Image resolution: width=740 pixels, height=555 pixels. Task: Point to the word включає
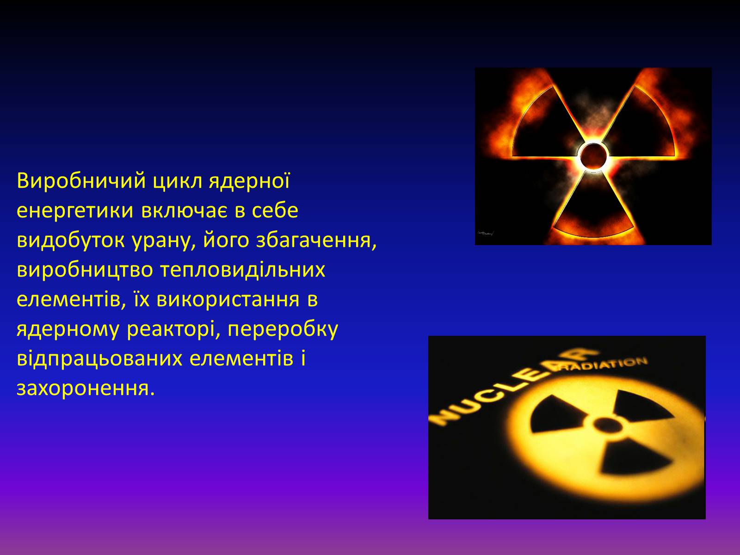click(x=184, y=210)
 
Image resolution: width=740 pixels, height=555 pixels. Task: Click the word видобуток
click(x=71, y=240)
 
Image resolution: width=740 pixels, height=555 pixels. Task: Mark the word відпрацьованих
click(x=100, y=359)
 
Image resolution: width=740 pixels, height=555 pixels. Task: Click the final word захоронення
click(x=86, y=389)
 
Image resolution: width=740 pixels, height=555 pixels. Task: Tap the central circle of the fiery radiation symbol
click(x=593, y=156)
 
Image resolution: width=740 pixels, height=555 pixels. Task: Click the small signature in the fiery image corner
click(x=486, y=233)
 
